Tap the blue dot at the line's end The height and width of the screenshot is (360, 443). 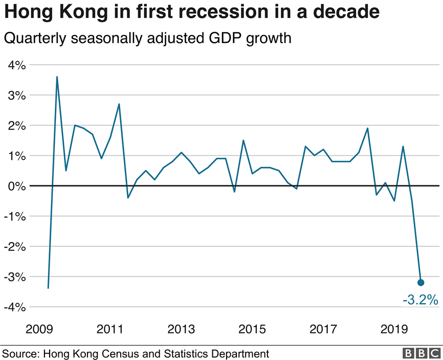tap(421, 282)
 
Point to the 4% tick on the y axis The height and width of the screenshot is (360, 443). tap(16, 65)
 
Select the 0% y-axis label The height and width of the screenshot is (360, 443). tap(16, 186)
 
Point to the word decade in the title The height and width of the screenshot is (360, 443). tap(349, 12)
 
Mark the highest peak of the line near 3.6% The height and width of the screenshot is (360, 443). tap(57, 77)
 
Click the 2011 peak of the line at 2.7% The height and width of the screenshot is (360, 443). tap(119, 104)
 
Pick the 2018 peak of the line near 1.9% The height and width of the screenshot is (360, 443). tap(368, 128)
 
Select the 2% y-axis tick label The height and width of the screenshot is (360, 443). tap(16, 125)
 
